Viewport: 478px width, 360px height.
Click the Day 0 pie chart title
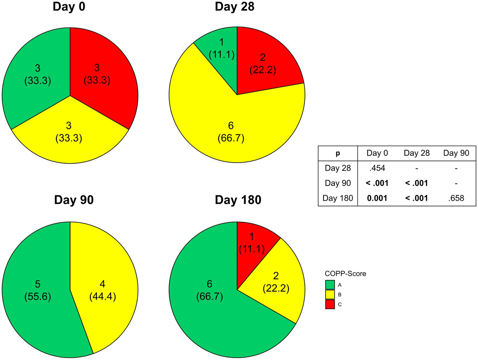click(x=69, y=7)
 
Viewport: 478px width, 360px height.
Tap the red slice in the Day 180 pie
click(x=252, y=243)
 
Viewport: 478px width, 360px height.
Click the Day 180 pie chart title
click(x=238, y=200)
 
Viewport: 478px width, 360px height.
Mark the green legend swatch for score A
click(x=330, y=285)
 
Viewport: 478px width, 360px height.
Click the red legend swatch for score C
click(x=330, y=304)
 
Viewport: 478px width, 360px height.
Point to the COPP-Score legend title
click(x=345, y=274)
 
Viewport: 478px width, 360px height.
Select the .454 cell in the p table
click(x=377, y=168)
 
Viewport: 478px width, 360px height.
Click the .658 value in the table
click(x=456, y=198)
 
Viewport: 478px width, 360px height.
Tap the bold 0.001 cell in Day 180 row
click(x=377, y=198)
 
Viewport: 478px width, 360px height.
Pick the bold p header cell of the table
click(x=338, y=153)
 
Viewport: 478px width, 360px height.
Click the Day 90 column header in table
click(x=456, y=153)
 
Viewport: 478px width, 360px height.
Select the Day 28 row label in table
click(x=338, y=168)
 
